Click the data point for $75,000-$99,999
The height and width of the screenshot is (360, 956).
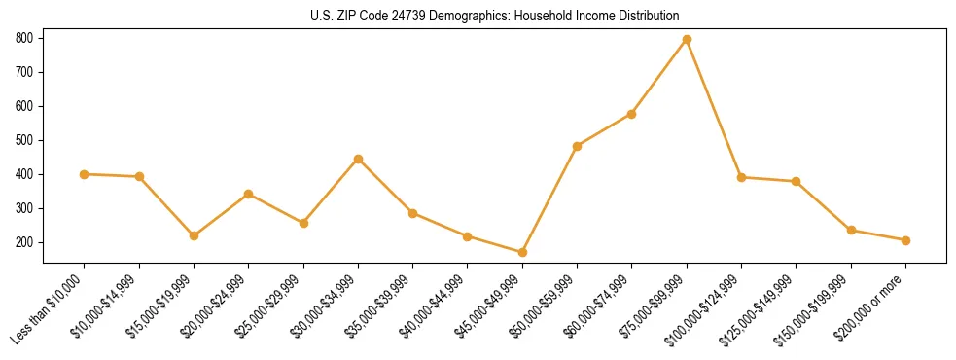pyautogui.click(x=687, y=39)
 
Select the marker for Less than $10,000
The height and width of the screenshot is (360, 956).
pyautogui.click(x=85, y=174)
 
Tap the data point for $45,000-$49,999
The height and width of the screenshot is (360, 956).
pyautogui.click(x=522, y=252)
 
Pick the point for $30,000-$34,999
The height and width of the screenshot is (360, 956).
pyautogui.click(x=358, y=159)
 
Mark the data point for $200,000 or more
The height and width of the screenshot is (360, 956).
pyautogui.click(x=905, y=240)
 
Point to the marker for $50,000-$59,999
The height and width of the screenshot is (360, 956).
pyautogui.click(x=577, y=146)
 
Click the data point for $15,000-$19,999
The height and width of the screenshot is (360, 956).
pyautogui.click(x=194, y=235)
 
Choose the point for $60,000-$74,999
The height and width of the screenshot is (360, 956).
pyautogui.click(x=632, y=114)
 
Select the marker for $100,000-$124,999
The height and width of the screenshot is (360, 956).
pyautogui.click(x=741, y=177)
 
